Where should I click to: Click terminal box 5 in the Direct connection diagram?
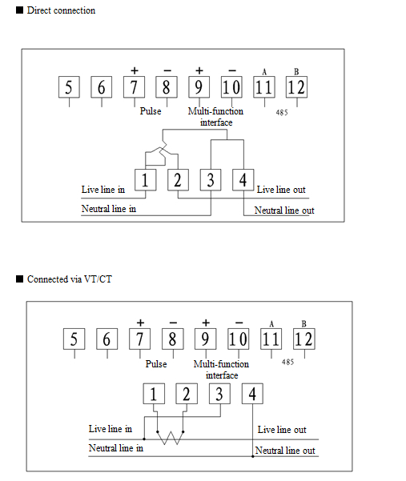click(69, 87)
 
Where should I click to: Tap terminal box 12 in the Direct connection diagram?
click(296, 87)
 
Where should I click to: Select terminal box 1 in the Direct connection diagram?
click(146, 180)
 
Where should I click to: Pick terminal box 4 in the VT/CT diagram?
click(252, 394)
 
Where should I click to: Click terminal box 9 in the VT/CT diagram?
click(205, 339)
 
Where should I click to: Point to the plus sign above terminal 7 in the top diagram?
click(135, 71)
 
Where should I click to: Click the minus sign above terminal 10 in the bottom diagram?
click(239, 323)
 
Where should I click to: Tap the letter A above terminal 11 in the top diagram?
click(264, 72)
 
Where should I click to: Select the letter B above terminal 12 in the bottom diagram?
click(303, 323)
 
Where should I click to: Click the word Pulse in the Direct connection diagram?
click(151, 111)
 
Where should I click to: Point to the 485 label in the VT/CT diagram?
click(287, 362)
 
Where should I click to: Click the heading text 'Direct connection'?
click(61, 10)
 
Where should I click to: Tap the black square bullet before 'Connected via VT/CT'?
click(20, 279)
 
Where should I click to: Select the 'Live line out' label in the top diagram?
click(281, 190)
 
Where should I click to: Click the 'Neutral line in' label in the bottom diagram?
click(116, 448)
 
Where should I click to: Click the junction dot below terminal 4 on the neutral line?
click(252, 456)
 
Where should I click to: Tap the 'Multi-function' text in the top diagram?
click(215, 111)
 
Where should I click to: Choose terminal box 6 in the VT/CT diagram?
click(107, 339)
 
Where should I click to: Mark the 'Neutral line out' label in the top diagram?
click(284, 210)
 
